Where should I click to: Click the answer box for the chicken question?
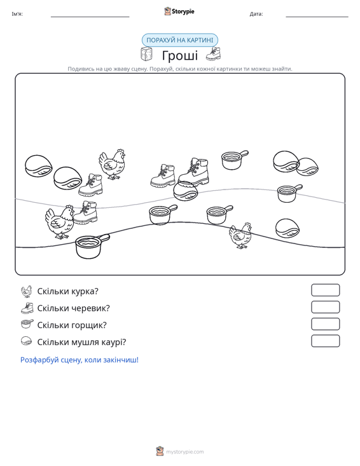[x=325, y=290]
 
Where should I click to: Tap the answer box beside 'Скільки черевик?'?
[x=325, y=307]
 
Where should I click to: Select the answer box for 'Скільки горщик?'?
[x=325, y=324]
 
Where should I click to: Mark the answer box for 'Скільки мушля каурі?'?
[x=325, y=341]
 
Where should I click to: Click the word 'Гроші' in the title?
[x=180, y=55]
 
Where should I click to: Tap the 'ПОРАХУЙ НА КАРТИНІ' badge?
[x=180, y=40]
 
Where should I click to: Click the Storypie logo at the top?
[x=179, y=11]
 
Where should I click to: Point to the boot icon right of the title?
[x=214, y=54]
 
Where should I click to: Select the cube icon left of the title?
[x=146, y=54]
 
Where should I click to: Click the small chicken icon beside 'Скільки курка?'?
[x=27, y=291]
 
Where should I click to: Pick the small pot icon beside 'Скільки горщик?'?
[x=27, y=324]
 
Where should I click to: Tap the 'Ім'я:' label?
[x=17, y=14]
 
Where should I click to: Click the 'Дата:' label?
[x=256, y=14]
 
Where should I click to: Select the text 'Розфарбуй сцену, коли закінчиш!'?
[x=80, y=360]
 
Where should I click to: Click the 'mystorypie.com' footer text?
[x=185, y=452]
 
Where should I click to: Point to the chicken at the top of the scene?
[x=112, y=165]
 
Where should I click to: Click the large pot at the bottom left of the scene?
[x=92, y=246]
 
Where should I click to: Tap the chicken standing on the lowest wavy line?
[x=240, y=235]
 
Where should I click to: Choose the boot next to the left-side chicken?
[x=86, y=212]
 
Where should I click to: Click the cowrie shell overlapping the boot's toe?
[x=186, y=191]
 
